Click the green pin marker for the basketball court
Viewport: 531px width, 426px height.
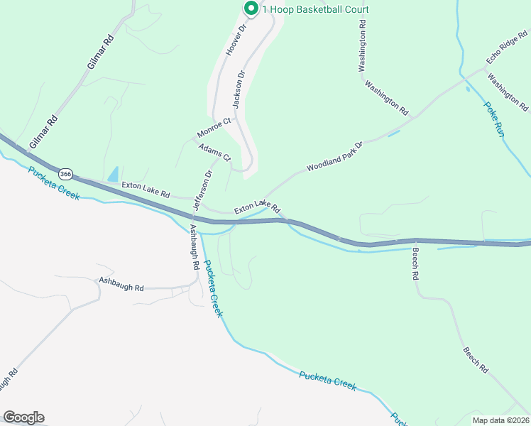pos(251,9)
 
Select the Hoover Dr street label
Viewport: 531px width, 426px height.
pos(235,40)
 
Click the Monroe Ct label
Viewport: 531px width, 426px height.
pos(214,128)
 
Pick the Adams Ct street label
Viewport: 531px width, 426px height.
pos(214,152)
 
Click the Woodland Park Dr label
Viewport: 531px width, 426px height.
pos(334,157)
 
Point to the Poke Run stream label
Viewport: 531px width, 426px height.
pos(494,119)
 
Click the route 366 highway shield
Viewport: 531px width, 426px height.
pos(66,173)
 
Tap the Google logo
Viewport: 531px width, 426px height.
pos(23,417)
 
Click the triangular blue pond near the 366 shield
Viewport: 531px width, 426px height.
pos(112,174)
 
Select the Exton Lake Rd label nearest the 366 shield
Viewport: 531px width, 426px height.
pos(146,190)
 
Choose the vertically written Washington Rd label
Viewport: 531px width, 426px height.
pos(362,45)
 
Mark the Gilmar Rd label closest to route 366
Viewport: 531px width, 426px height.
pos(44,133)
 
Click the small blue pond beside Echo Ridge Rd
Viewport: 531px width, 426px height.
pos(466,89)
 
